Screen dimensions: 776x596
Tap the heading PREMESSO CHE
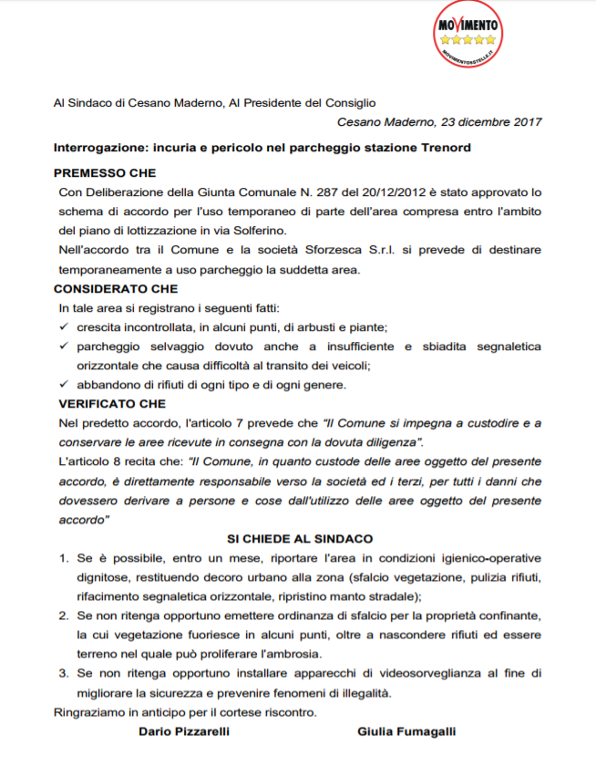click(x=105, y=173)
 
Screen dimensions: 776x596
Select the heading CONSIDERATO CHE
click(x=116, y=289)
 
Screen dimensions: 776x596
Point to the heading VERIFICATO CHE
click(x=110, y=403)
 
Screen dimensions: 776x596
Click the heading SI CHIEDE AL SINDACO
click(x=300, y=539)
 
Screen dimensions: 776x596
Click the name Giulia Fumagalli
click(x=406, y=731)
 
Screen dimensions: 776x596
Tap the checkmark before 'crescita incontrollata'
click(x=64, y=326)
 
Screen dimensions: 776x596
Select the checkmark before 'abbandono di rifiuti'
click(x=64, y=384)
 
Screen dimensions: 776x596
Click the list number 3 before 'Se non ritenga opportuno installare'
click(x=64, y=674)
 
